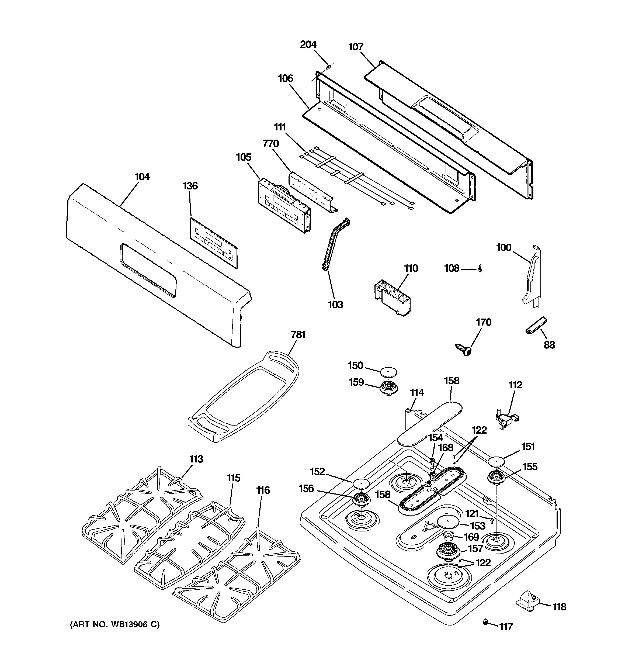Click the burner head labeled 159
[388, 389]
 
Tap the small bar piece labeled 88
[536, 326]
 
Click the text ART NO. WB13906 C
[115, 624]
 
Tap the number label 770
[271, 144]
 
